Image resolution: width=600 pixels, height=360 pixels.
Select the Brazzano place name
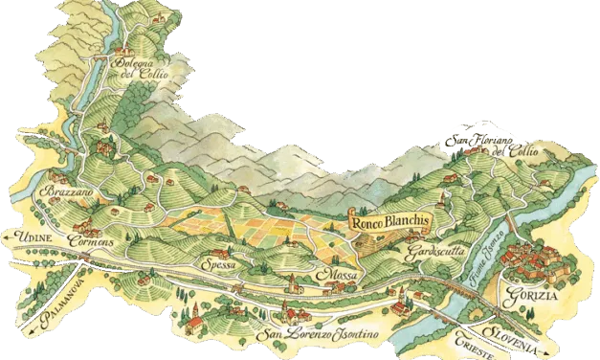pos(62,193)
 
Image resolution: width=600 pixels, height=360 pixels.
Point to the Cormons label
pos(94,243)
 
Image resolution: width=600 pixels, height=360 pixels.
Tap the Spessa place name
pos(218,265)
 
